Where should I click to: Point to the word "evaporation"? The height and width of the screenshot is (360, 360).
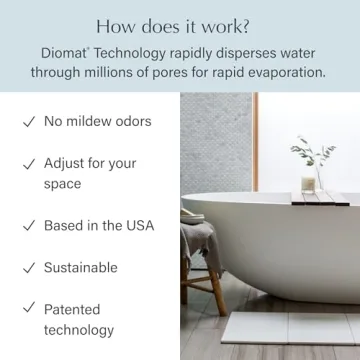point(280,73)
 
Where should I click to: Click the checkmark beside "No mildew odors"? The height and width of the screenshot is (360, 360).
point(27,122)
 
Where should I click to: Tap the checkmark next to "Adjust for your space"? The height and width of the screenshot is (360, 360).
point(27,163)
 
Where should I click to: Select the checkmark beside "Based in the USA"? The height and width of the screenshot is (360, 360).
point(27,226)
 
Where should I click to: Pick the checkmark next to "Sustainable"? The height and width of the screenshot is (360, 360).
point(27,268)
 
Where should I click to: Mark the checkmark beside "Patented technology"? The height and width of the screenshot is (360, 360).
point(27,309)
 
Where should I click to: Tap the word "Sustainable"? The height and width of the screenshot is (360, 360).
point(80,268)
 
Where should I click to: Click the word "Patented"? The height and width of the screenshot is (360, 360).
point(74,309)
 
